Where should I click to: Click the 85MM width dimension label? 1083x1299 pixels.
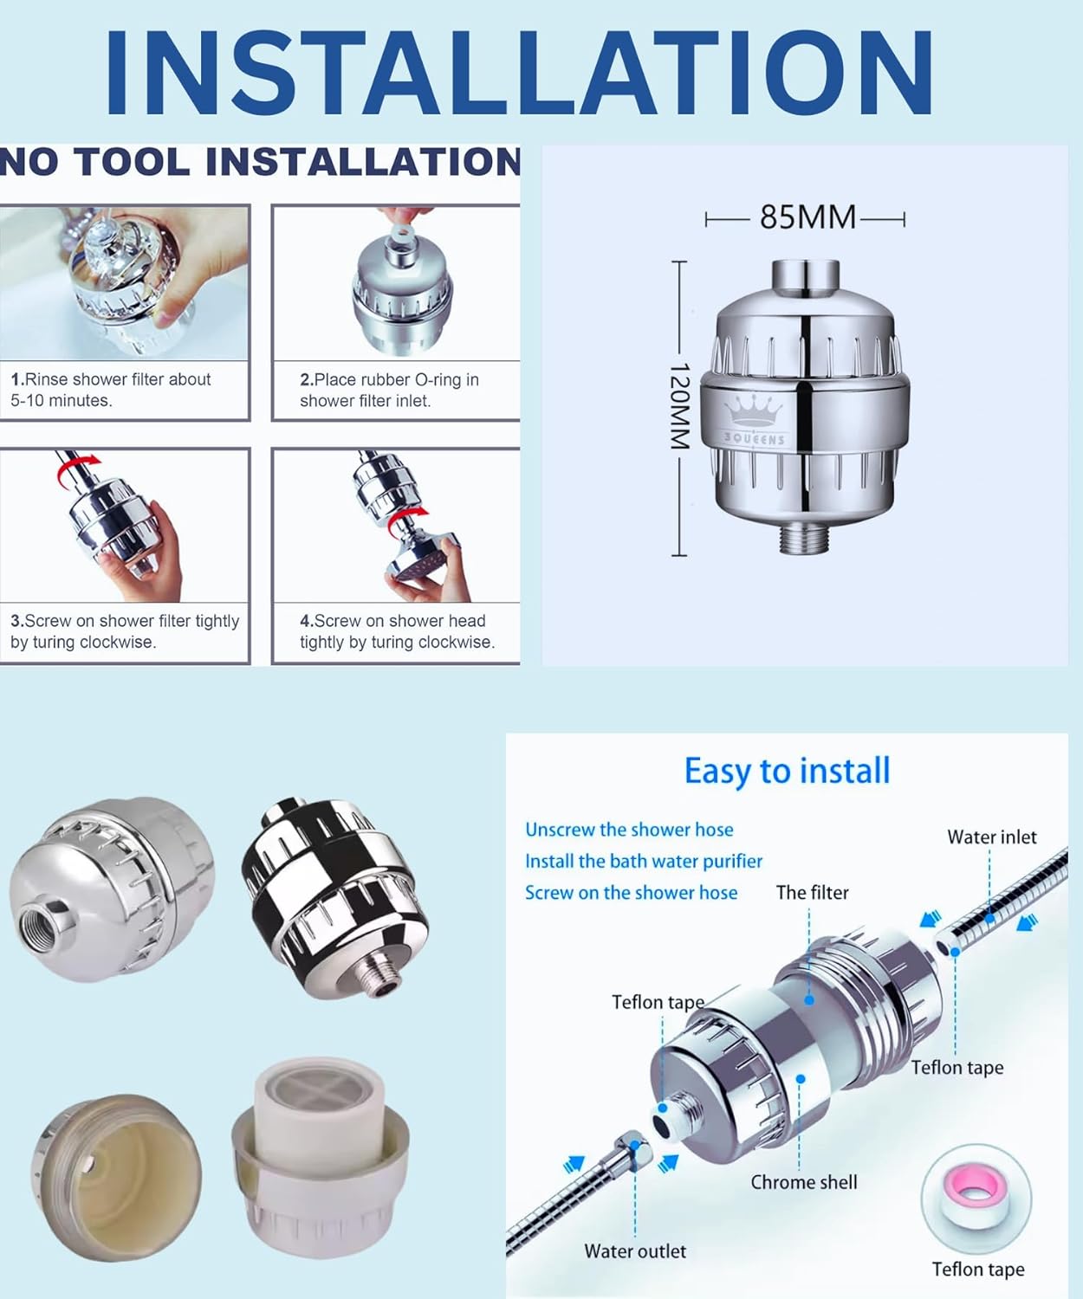coord(807,217)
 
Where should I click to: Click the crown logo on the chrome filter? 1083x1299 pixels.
coord(753,410)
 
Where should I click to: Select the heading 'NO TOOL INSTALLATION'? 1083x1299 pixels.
coord(260,161)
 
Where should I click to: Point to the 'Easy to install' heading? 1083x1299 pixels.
coord(787,772)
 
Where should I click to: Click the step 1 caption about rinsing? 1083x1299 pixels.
coord(111,390)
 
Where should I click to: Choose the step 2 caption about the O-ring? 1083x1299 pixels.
coord(389,390)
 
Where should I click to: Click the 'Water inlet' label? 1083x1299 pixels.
coord(992,837)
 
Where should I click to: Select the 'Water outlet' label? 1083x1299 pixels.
coord(635,1251)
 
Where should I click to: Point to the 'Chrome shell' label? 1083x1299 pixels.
coord(803,1182)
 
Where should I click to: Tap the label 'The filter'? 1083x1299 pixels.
coord(813,893)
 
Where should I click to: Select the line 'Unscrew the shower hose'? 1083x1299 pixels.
coord(629,830)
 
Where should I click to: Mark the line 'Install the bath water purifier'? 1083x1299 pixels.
coord(644,861)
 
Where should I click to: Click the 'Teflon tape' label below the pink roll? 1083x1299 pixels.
coord(978,1270)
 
